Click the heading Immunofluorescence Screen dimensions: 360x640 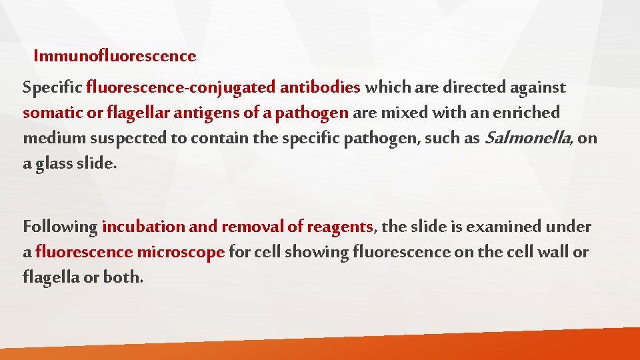click(115, 56)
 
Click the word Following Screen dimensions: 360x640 click(60, 227)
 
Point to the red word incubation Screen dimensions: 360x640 click(143, 227)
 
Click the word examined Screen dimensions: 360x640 click(504, 227)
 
